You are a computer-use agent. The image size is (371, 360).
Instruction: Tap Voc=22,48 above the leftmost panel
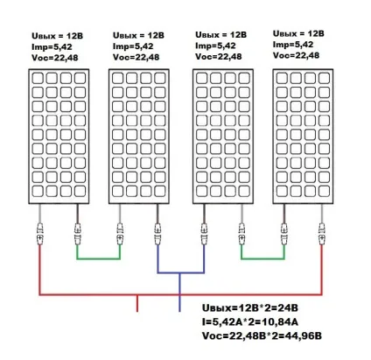tap(55, 58)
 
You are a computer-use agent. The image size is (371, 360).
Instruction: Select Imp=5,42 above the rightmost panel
tap(293, 45)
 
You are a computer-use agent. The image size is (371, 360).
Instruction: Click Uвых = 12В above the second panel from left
tap(138, 35)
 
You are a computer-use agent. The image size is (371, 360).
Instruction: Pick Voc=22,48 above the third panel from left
tap(219, 56)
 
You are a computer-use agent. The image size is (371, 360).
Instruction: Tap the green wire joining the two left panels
tap(99, 258)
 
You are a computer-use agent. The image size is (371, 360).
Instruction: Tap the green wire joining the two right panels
tap(262, 258)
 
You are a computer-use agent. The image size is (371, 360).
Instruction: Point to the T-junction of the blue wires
tap(179, 273)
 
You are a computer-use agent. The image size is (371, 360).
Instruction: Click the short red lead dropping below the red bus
tap(137, 303)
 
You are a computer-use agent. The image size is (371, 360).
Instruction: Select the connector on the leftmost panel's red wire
tap(39, 234)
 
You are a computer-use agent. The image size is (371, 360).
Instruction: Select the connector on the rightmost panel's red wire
tap(322, 234)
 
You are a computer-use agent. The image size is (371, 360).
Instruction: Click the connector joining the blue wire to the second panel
tap(157, 234)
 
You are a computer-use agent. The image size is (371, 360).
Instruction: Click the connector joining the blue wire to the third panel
tap(204, 234)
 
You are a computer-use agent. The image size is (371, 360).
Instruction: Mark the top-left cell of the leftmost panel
tap(38, 78)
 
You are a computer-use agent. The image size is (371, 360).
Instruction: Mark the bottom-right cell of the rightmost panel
tap(324, 191)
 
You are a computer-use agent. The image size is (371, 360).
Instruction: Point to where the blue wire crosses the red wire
tap(179, 294)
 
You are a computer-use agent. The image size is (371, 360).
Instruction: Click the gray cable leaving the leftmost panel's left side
tap(39, 214)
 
